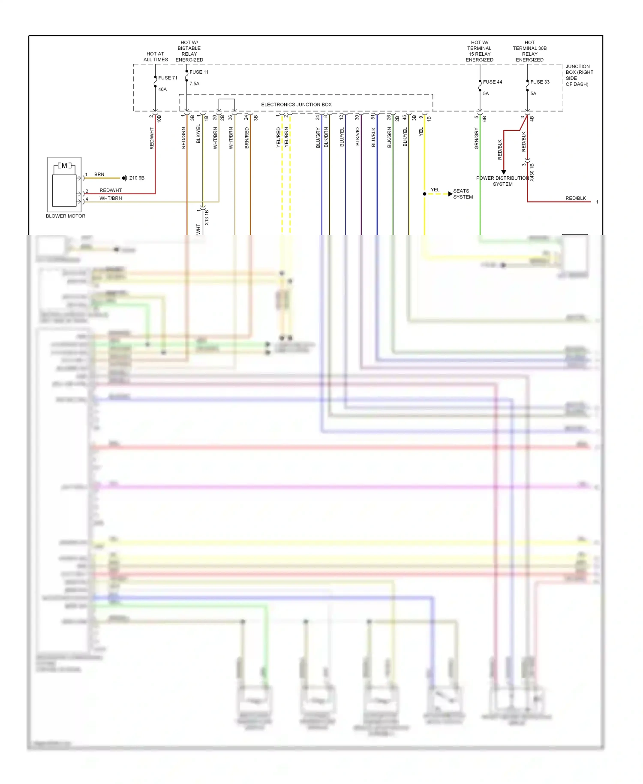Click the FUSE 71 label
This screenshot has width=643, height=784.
click(168, 78)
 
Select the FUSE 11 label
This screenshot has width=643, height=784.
click(199, 72)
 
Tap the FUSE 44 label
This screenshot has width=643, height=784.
click(492, 82)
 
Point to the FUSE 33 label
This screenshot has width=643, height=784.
click(540, 82)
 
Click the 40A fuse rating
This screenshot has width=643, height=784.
click(162, 90)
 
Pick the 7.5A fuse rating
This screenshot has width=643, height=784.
click(194, 84)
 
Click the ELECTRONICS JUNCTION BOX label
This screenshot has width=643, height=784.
click(296, 105)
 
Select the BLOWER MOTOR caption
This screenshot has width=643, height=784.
click(66, 216)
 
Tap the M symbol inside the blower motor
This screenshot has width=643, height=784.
click(64, 166)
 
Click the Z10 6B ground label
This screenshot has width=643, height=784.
click(137, 178)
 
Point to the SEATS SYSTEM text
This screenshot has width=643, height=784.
click(463, 194)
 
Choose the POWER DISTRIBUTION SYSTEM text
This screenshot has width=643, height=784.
click(502, 181)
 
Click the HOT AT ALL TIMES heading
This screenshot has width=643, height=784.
click(156, 57)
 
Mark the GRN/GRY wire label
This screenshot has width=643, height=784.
click(476, 139)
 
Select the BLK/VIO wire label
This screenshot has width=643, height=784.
click(358, 137)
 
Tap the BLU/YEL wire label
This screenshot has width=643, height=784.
click(342, 137)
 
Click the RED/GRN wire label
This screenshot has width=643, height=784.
click(183, 138)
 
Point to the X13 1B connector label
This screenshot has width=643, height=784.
click(207, 217)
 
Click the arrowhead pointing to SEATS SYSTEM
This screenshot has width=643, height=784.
click(450, 194)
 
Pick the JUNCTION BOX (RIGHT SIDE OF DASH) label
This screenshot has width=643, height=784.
click(579, 75)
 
